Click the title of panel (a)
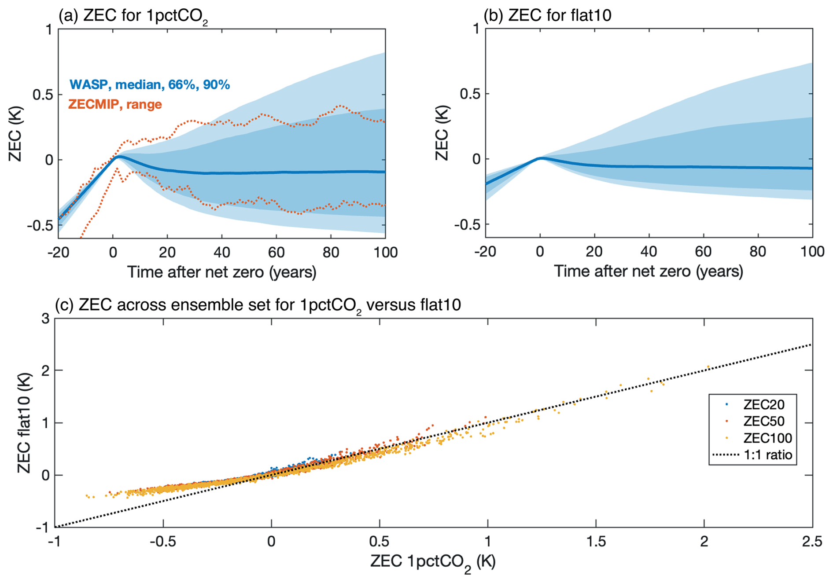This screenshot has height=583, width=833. (133, 16)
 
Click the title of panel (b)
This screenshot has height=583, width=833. (547, 15)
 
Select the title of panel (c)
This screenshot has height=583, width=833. (258, 305)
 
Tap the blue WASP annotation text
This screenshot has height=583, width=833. (149, 84)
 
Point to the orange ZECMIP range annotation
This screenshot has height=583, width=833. (115, 104)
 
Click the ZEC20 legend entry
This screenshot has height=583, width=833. (763, 404)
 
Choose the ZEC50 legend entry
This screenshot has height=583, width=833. (763, 421)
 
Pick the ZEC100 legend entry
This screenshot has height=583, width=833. (767, 438)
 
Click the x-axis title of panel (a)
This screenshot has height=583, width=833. (221, 272)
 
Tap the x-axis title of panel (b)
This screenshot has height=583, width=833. (648, 271)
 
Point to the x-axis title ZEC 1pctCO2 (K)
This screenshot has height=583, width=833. (433, 562)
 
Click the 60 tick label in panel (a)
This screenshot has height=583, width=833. (276, 253)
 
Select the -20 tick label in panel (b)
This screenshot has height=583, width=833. (485, 252)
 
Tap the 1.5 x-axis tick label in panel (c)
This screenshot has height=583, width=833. (596, 541)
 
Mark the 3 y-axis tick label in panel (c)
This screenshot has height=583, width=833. (45, 319)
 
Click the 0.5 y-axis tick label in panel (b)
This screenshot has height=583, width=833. (470, 94)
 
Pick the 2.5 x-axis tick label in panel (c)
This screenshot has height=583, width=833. (811, 541)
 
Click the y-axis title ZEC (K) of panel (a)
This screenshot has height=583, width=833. (15, 134)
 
